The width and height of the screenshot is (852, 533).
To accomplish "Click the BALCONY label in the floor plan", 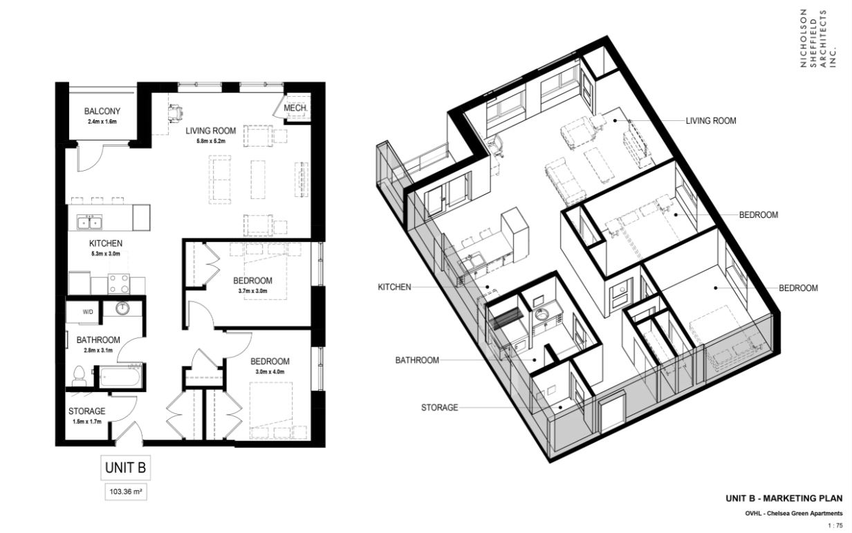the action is click(102, 111).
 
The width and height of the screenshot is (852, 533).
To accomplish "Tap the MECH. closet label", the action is click(295, 109).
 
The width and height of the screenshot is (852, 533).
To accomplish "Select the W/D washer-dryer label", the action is click(88, 312).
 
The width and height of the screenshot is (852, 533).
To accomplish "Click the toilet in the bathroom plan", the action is click(79, 376).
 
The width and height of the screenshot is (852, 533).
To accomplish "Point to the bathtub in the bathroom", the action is click(120, 376).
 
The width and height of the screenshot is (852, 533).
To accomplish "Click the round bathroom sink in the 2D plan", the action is click(122, 308).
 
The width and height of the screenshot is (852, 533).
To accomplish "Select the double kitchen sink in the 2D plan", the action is click(89, 223).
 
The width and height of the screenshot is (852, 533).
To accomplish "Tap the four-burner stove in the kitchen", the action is click(119, 283).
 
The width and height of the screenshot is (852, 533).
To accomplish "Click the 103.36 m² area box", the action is click(126, 492).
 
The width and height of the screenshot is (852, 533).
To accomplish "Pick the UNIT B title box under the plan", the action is click(126, 467).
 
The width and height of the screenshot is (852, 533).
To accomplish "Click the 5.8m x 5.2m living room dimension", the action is click(211, 141).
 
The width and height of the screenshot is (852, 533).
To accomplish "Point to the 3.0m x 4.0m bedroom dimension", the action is click(270, 372).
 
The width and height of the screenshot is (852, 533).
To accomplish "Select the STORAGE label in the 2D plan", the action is click(86, 411).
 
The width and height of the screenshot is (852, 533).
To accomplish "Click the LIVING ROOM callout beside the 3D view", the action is click(711, 121).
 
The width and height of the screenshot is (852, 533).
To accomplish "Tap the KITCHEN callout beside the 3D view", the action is click(394, 287).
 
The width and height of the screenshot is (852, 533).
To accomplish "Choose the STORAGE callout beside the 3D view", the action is click(440, 408).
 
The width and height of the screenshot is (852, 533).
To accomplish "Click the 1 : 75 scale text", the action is click(835, 526).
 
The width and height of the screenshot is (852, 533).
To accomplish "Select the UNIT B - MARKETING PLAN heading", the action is click(784, 498).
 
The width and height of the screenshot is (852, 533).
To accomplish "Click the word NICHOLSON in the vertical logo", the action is click(804, 39).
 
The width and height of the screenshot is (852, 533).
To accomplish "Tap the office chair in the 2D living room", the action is click(176, 113).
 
